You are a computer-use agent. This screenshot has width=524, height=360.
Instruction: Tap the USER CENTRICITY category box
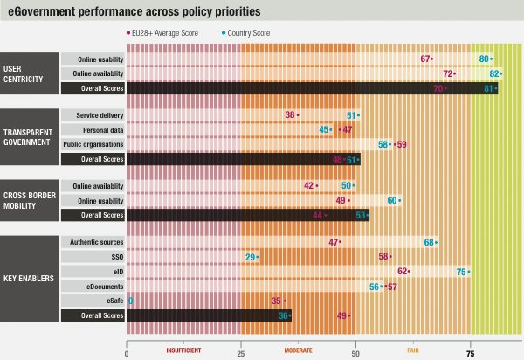30,73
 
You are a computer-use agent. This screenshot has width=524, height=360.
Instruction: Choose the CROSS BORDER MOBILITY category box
30,199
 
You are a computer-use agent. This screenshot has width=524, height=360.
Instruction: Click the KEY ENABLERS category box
30,279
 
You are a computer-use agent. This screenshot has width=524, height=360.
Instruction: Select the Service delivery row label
99,115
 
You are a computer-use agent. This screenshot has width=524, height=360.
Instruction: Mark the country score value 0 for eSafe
131,301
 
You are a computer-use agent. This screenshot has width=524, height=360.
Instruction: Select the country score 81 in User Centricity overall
489,88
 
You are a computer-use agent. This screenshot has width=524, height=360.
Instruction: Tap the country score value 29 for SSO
251,256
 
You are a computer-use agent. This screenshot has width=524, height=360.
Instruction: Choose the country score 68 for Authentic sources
431,242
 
